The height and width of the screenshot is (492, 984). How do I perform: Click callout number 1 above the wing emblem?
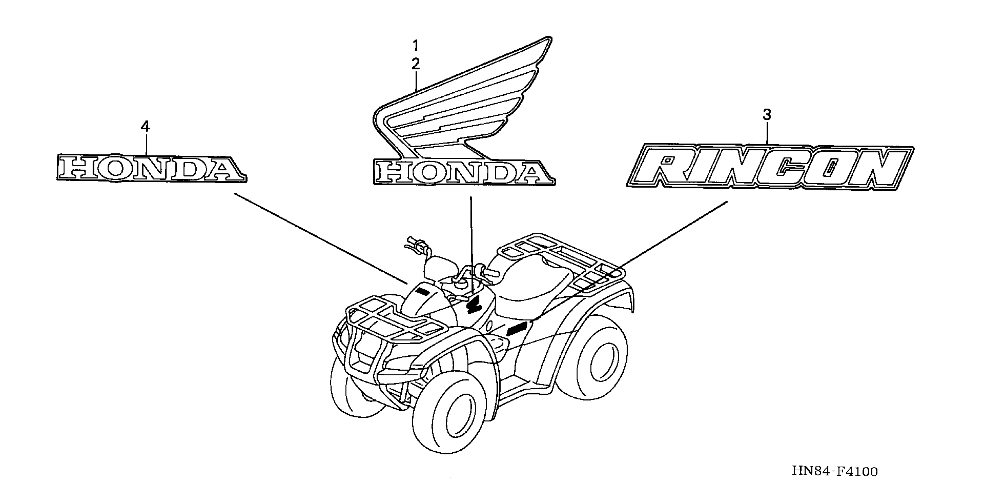pyautogui.click(x=416, y=46)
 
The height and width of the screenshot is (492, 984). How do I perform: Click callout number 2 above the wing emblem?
pyautogui.click(x=416, y=64)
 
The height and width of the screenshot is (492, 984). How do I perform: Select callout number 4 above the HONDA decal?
pyautogui.click(x=145, y=126)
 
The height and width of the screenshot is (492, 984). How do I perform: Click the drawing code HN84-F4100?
pyautogui.click(x=835, y=471)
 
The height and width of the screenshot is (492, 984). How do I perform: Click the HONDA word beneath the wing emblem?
pyautogui.click(x=463, y=173)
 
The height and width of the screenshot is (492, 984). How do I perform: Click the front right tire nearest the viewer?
pyautogui.click(x=451, y=417)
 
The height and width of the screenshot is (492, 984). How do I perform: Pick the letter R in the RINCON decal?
pyautogui.click(x=669, y=168)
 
